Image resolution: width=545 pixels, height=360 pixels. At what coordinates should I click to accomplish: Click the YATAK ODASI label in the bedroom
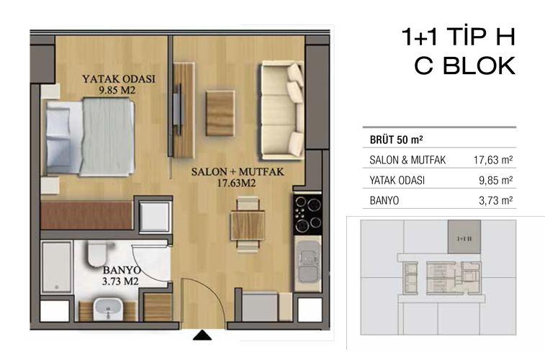(x=119, y=79)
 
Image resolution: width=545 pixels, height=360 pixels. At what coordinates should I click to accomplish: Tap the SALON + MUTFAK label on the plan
(x=238, y=171)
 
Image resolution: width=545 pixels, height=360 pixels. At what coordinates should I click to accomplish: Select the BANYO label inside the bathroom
(x=122, y=270)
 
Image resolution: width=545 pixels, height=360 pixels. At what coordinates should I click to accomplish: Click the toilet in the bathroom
(x=96, y=254)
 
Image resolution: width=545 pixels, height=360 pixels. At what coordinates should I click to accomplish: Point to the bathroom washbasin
(x=108, y=308)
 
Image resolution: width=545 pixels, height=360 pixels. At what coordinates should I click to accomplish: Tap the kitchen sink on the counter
(x=307, y=262)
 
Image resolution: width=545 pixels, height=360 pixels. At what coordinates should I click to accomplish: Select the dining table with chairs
(x=248, y=224)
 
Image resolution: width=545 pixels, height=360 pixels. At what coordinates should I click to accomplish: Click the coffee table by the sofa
(x=220, y=113)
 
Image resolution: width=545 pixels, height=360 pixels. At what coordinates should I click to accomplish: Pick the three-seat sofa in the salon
(x=283, y=110)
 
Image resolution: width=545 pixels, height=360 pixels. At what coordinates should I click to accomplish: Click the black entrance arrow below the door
(x=202, y=336)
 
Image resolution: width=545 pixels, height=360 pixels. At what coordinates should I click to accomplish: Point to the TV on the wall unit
(x=178, y=109)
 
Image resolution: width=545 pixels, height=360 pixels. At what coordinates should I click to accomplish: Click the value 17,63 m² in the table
(x=493, y=160)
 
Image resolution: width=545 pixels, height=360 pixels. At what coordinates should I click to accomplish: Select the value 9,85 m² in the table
(x=495, y=180)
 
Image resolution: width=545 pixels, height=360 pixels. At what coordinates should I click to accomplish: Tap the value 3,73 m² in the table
(x=495, y=200)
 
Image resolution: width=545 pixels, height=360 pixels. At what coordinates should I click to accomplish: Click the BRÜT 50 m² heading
(x=396, y=140)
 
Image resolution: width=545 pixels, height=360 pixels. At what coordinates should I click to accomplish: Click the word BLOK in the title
(x=479, y=66)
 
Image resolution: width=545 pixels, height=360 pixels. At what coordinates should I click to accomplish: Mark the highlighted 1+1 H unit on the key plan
(x=464, y=236)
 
